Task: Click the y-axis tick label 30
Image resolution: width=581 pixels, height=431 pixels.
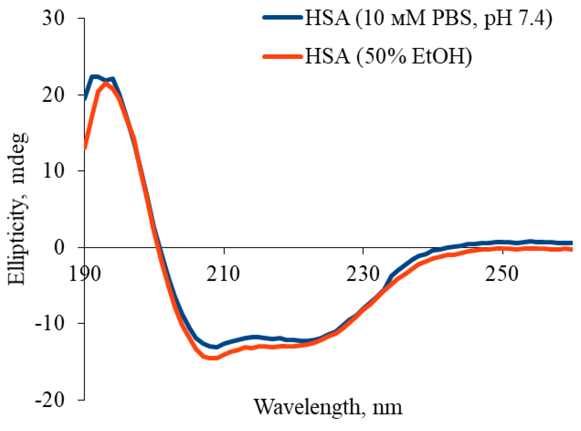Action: [x=54, y=18]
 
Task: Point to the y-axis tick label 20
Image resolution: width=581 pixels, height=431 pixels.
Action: [x=54, y=95]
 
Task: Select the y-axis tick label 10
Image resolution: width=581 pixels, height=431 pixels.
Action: [x=54, y=171]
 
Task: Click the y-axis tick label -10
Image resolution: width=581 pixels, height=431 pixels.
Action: [x=50, y=324]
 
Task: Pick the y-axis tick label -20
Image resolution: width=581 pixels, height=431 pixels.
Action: [x=50, y=400]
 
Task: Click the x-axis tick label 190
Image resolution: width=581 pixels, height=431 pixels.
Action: [x=85, y=274]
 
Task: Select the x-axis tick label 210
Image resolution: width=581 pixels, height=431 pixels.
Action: [x=224, y=274]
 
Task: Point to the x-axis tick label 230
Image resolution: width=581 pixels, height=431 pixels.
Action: [x=363, y=274]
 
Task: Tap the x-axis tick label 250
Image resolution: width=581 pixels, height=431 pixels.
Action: [x=502, y=274]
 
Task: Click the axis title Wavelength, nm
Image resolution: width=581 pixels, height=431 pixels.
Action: [x=328, y=407]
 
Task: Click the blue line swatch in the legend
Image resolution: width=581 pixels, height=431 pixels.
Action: [x=283, y=17]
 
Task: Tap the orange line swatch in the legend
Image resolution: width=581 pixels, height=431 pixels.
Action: [x=283, y=57]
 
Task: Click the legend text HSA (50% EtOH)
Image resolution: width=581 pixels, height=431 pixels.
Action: [x=389, y=56]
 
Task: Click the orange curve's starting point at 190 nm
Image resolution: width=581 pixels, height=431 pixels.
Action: [x=85, y=148]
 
